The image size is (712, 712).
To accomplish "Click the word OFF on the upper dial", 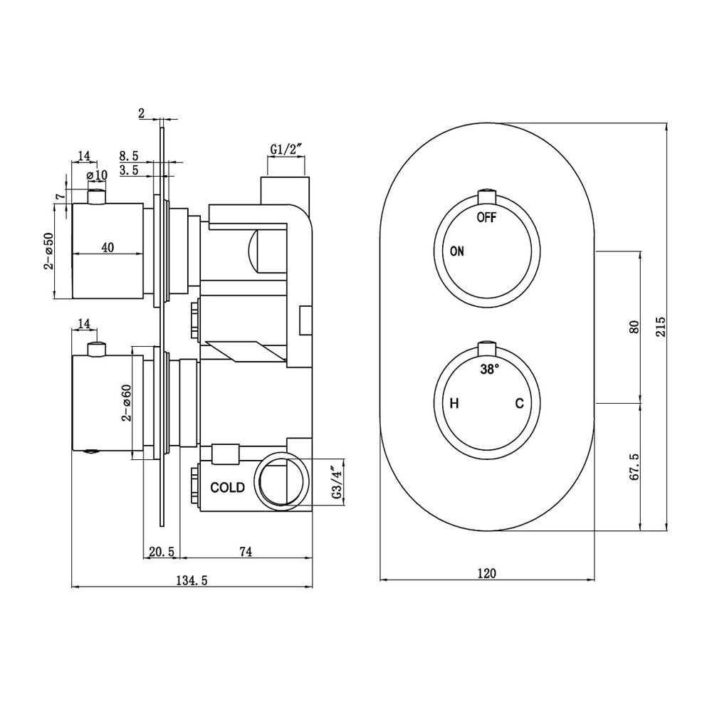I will tap(486, 217).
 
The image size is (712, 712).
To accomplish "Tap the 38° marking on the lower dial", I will tap(489, 370).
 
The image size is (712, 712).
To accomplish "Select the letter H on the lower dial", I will tap(454, 404).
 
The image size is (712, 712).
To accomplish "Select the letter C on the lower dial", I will tap(520, 404).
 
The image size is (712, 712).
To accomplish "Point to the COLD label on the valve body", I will tap(227, 488).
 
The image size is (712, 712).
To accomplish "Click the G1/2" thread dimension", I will tap(286, 150).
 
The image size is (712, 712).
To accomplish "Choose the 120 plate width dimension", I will tap(487, 572).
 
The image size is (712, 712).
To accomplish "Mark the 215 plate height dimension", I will tap(660, 326).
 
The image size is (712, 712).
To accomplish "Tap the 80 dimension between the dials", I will tap(634, 326).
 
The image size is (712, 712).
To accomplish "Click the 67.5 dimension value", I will tap(634, 467).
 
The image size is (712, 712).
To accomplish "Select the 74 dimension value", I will tap(246, 552).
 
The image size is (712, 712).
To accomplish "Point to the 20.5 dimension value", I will tap(162, 552).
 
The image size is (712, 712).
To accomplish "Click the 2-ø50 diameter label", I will tap(48, 251).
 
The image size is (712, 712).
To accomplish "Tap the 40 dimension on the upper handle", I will tap(108, 247).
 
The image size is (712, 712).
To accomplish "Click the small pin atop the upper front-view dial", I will tap(487, 195).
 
